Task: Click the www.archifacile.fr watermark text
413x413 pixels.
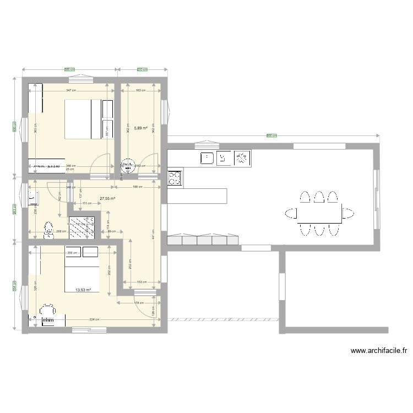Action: [x=378, y=350]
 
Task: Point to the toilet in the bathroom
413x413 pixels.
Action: [x=48, y=229]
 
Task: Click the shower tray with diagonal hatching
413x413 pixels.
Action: [x=81, y=227]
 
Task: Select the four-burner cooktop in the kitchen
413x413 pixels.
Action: [x=174, y=178]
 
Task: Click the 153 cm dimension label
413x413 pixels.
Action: [x=142, y=282]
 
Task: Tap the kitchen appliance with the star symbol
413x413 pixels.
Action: [x=241, y=159]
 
